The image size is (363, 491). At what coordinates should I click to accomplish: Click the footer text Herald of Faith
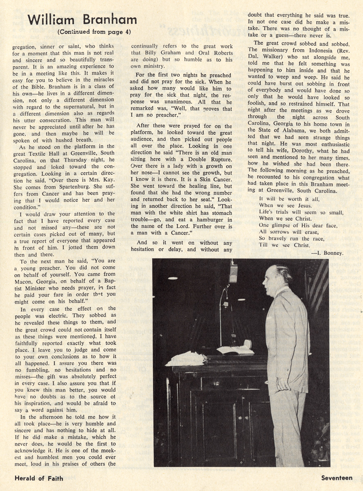[38, 477]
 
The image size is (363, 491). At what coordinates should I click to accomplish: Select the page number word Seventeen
[336, 477]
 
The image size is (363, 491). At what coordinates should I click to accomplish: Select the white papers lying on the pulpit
[186, 358]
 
